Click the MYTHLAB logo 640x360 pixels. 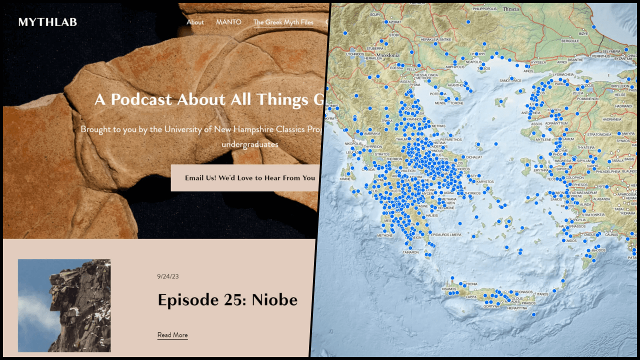tap(47, 22)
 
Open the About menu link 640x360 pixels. tap(195, 22)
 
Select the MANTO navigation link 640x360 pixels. tap(228, 22)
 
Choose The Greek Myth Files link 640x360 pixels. tap(283, 22)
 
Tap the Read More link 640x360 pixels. tap(172, 335)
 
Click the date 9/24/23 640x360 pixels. tap(167, 276)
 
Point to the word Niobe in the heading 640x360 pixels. tap(274, 300)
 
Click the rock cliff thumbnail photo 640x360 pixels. tap(64, 305)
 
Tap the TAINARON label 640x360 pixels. tap(410, 252)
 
